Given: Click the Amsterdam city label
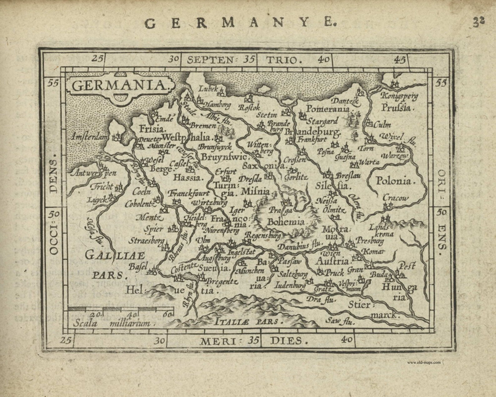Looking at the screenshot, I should (x=89, y=137).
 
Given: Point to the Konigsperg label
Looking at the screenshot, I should (x=399, y=96).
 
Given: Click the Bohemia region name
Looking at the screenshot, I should (x=286, y=222).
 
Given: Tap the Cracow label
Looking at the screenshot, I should (x=395, y=198).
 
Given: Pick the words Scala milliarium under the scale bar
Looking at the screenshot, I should (x=111, y=324).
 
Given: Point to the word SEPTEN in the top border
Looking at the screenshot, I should (x=211, y=60).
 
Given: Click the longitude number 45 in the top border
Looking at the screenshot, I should (x=399, y=59).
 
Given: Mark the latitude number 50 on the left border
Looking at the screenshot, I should (x=53, y=214).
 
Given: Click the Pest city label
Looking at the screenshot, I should (x=407, y=267).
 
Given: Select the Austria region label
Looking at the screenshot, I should (x=332, y=261).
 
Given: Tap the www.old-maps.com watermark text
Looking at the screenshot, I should (x=424, y=363).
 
